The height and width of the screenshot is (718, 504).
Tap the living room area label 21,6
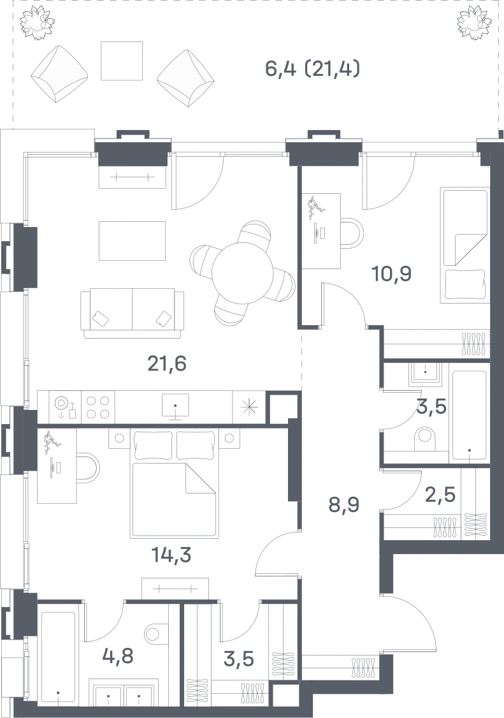(x=167, y=364)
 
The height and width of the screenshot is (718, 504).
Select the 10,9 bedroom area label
(x=392, y=274)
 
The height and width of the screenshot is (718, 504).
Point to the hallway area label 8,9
(x=344, y=505)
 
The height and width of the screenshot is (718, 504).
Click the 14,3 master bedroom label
(x=171, y=555)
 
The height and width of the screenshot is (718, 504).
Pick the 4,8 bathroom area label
(x=118, y=656)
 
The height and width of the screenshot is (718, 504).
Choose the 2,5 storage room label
(x=440, y=495)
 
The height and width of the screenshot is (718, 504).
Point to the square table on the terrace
(x=121, y=61)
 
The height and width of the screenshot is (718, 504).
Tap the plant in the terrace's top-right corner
(x=475, y=22)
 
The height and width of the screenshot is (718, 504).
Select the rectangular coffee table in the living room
(x=133, y=241)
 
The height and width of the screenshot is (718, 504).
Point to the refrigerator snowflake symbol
(x=250, y=407)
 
